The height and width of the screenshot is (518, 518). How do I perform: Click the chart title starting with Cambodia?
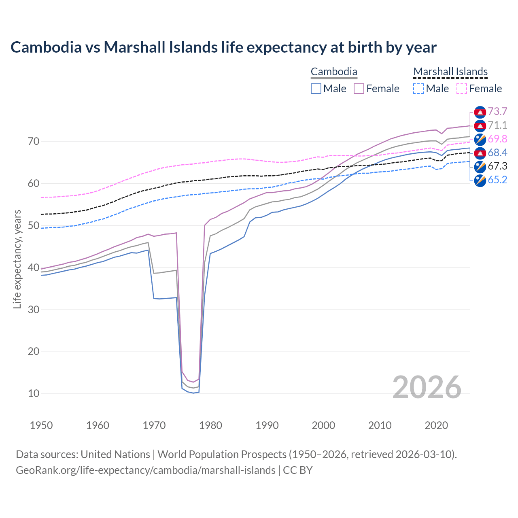223,47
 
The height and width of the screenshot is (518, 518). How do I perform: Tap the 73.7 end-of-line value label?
497,111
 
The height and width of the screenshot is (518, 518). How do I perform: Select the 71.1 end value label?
497,125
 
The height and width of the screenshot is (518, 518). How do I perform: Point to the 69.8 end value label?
497,139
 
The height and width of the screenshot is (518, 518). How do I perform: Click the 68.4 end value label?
497,153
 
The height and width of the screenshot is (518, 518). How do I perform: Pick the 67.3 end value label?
497,166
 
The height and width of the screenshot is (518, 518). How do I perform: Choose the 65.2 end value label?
497,180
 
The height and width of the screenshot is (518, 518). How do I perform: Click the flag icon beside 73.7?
480,112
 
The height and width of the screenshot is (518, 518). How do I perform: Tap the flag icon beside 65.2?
480,180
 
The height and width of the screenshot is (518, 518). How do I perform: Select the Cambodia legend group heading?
334,72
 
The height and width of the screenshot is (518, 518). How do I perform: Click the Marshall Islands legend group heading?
450,72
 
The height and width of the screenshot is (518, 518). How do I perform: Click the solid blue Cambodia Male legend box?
316,89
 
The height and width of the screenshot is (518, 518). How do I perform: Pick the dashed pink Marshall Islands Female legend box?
462,89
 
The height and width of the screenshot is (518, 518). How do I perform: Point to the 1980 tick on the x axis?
211,425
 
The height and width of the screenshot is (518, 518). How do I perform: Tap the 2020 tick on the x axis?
436,425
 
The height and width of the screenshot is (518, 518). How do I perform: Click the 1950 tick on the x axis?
42,425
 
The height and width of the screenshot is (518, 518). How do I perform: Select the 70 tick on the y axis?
34,142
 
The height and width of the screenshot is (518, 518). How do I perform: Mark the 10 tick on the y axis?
34,393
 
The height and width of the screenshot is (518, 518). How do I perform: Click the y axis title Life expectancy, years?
17,259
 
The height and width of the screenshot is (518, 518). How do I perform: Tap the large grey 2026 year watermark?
427,387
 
